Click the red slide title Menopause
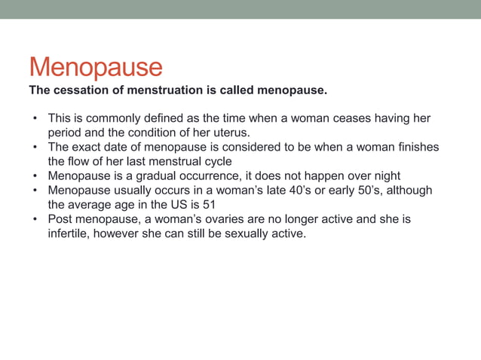[x=96, y=67]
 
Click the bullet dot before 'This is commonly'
[x=34, y=120]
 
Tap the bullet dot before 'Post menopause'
[x=34, y=219]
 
